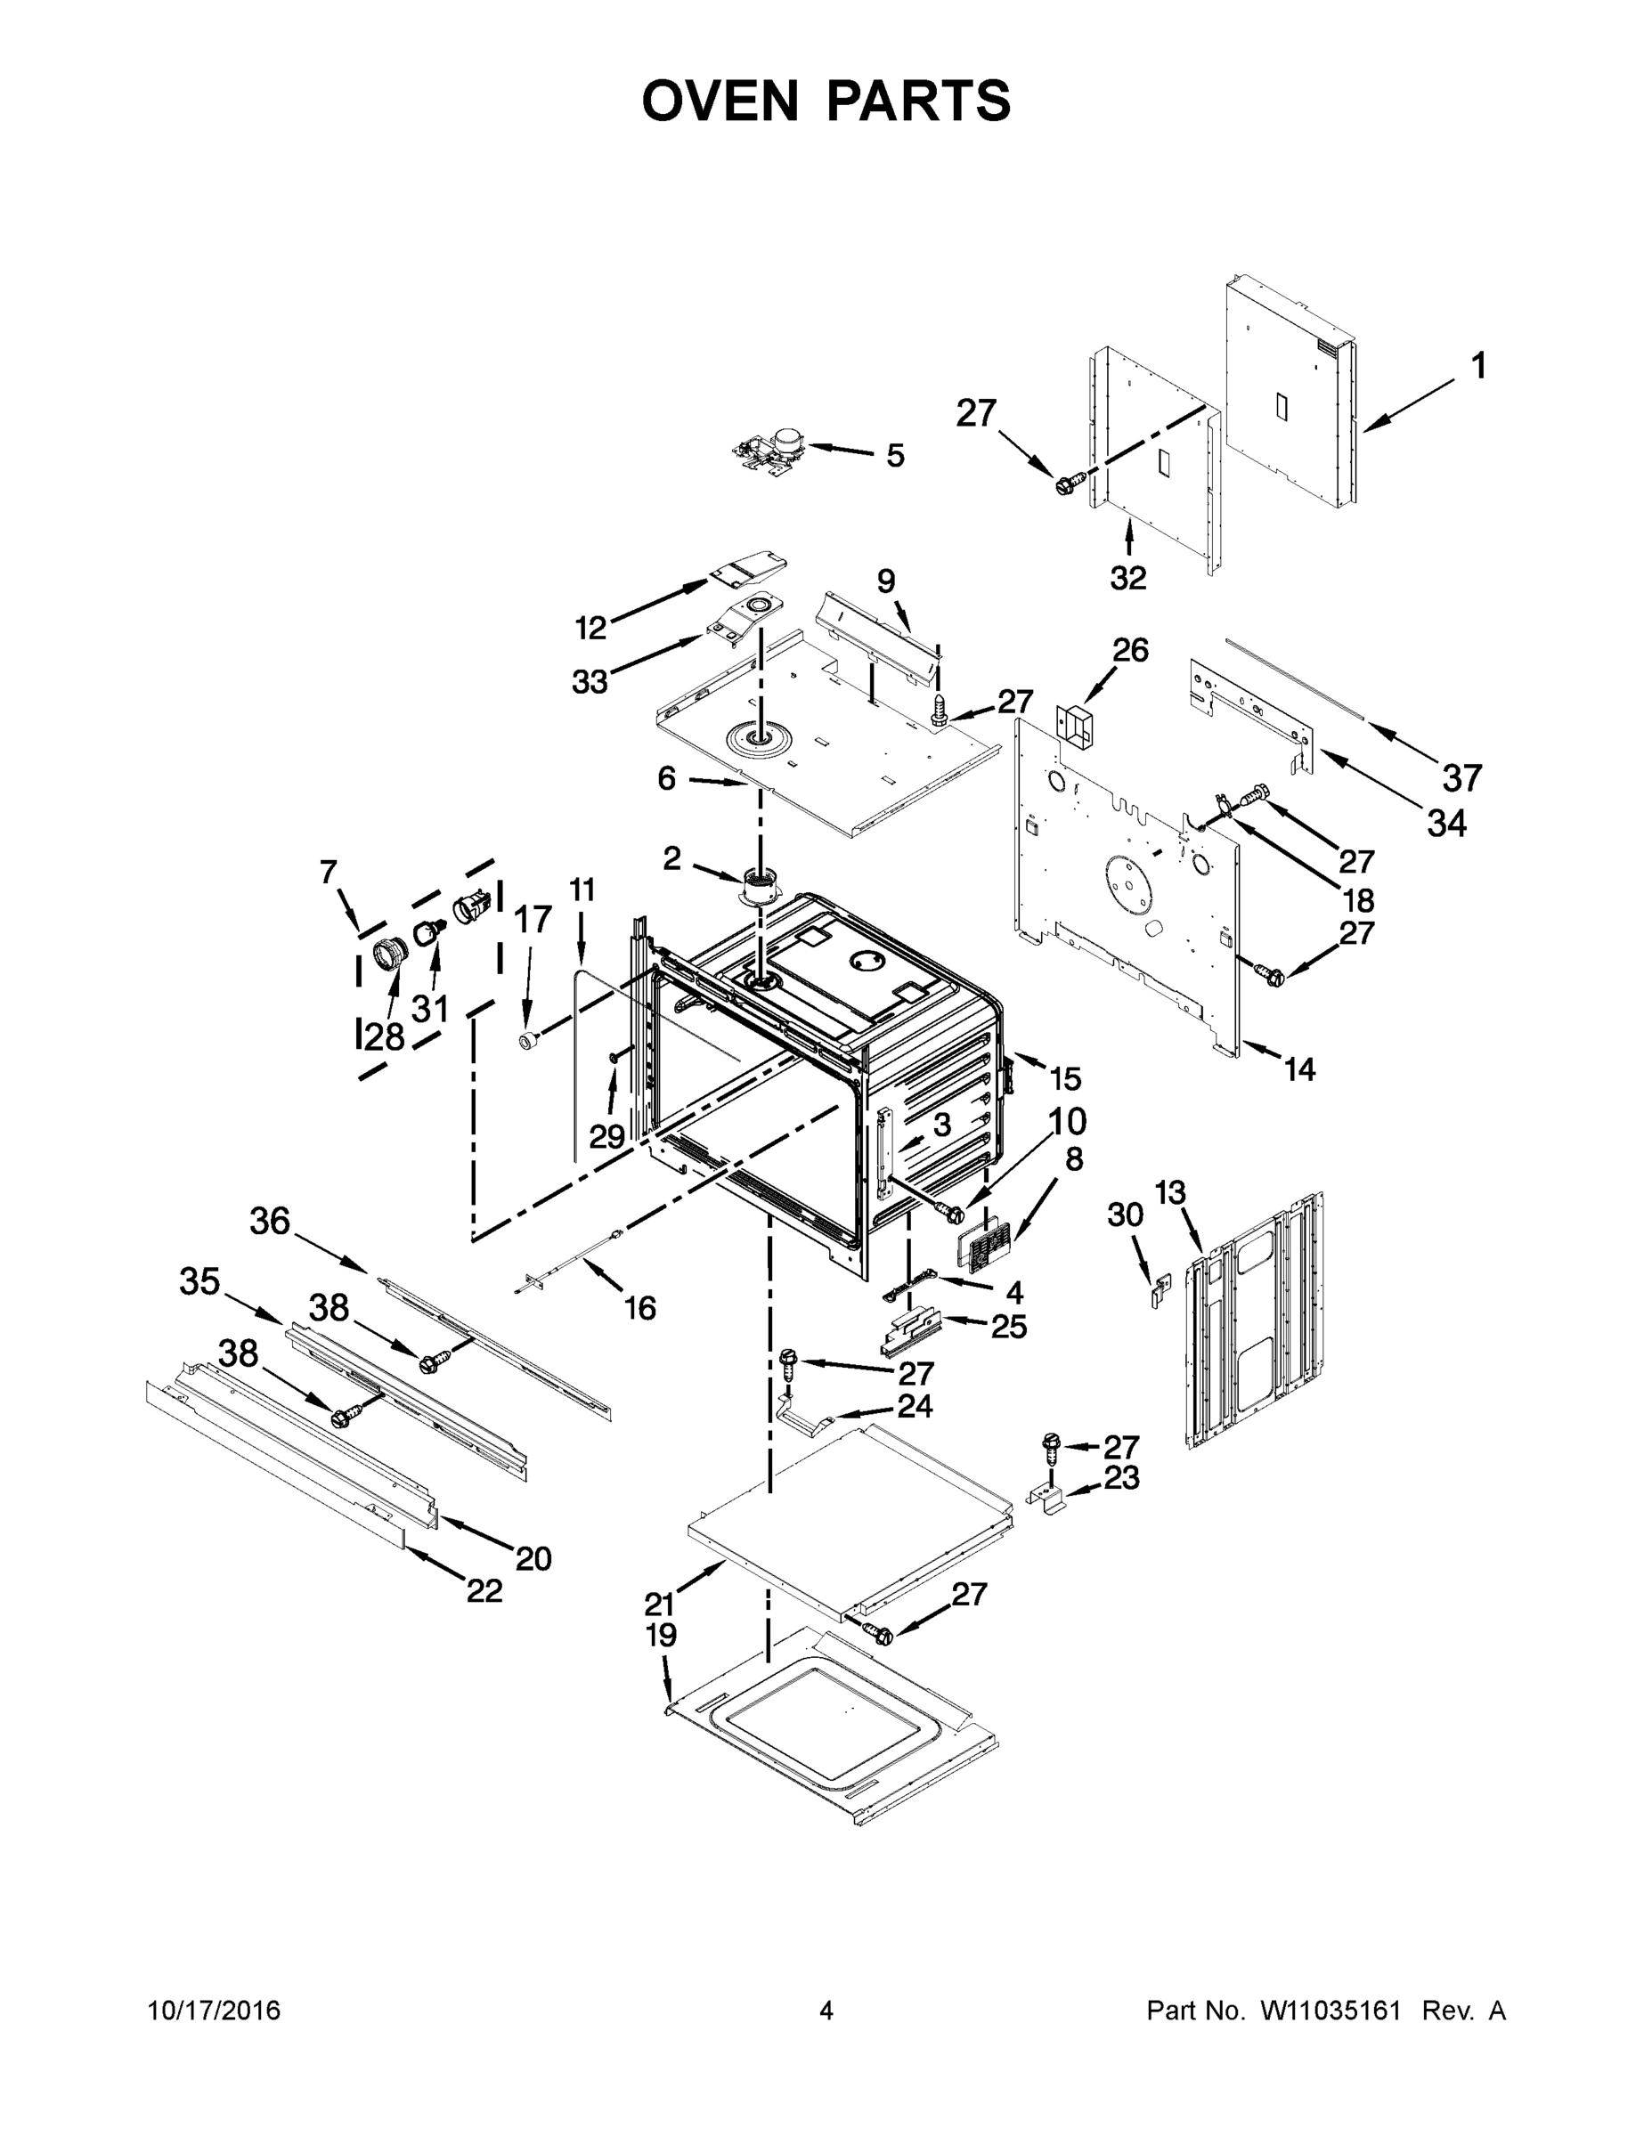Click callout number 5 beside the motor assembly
[894, 455]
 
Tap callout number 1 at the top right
[1478, 366]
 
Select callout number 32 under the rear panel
[1127, 577]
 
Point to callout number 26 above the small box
[1130, 650]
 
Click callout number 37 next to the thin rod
[1462, 778]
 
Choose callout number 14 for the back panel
[1299, 1069]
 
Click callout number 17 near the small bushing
[533, 919]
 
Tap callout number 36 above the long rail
[270, 1220]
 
